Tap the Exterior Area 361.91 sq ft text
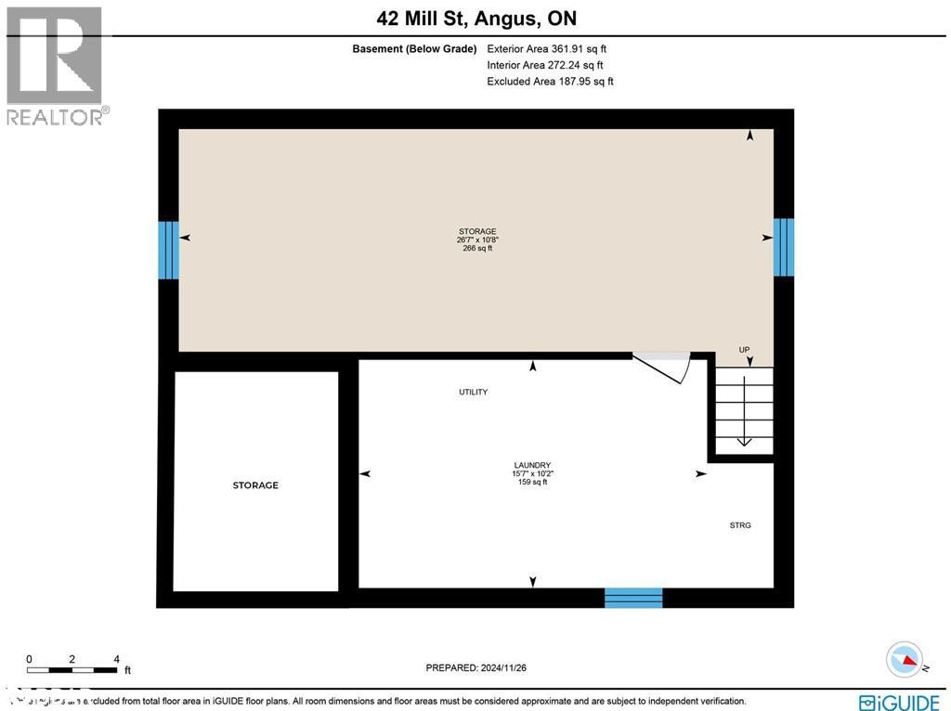[546, 49]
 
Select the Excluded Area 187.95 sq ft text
[550, 82]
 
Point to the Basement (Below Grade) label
[414, 49]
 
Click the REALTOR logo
[56, 65]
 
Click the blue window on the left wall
[168, 250]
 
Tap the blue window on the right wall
[784, 247]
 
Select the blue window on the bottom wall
[633, 598]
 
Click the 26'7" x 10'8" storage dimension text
[477, 239]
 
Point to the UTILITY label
[473, 392]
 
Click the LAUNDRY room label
[532, 465]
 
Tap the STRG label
[739, 525]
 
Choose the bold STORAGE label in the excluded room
[255, 485]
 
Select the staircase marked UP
[744, 409]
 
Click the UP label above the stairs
[744, 350]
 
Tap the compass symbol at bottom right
[905, 660]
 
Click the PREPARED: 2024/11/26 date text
[475, 667]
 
